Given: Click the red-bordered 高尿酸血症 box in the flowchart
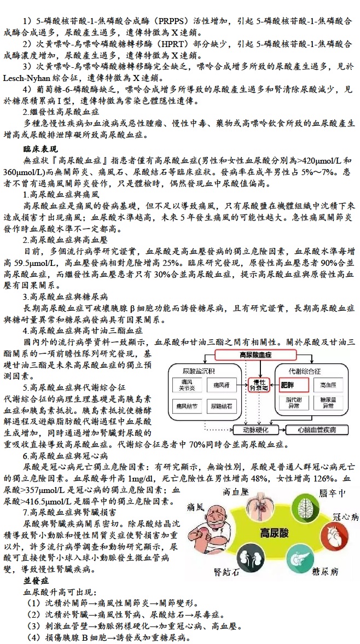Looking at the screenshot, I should [255, 355].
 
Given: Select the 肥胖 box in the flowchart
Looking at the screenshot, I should [290, 385].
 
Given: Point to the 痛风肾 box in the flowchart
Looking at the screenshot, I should [222, 385].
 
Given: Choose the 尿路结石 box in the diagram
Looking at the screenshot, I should [222, 405].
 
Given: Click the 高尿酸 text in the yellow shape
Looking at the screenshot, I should [275, 532].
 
